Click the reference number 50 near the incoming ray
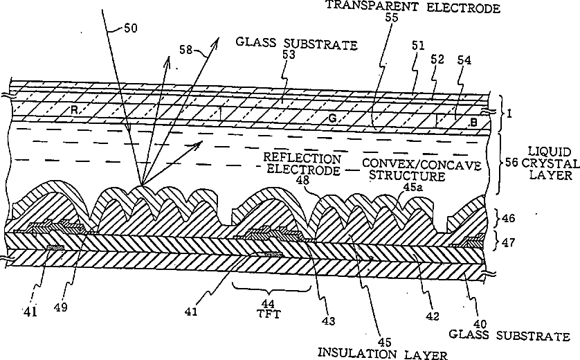tap(131, 30)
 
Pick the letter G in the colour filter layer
tap(333, 119)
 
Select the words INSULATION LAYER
tap(382, 353)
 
